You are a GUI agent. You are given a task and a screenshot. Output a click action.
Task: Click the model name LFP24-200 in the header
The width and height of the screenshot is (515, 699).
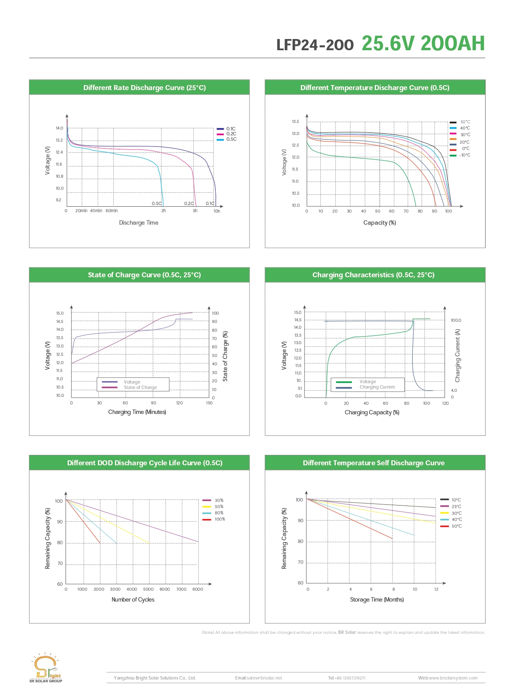[x=315, y=45]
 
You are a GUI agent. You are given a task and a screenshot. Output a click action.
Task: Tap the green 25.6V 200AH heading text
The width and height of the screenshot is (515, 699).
[x=423, y=44]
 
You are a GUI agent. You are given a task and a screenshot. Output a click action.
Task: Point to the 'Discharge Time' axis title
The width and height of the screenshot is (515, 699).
[x=139, y=223]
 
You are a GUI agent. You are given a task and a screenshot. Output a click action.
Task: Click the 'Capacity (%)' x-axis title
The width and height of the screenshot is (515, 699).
[x=379, y=223]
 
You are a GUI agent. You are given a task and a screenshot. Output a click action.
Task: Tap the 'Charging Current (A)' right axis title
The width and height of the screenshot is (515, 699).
[x=458, y=356]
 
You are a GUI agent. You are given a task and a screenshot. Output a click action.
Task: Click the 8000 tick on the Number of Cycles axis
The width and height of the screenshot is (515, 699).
[x=198, y=589]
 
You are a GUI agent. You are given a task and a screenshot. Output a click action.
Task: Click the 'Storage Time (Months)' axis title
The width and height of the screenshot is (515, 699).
[x=377, y=600]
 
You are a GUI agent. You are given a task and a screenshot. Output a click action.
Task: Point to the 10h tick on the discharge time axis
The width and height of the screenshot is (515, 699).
[x=217, y=211]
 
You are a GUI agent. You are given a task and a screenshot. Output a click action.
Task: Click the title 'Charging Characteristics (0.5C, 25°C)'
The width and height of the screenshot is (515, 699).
[x=373, y=275]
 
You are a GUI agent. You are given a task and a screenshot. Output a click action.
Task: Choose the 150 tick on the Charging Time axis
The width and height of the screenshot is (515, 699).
[x=209, y=403]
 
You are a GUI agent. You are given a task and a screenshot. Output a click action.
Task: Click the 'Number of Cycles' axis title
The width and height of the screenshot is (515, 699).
[x=133, y=600]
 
